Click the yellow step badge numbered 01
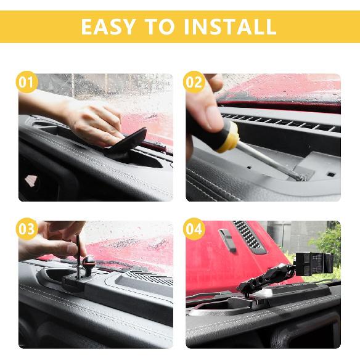(x=27, y=83)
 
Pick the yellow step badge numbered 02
(x=194, y=83)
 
